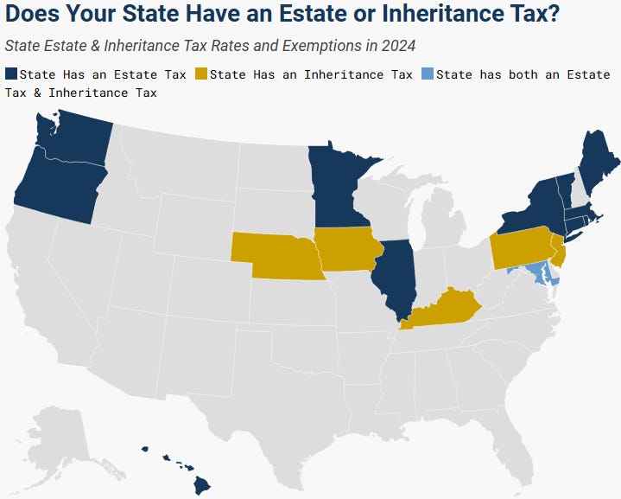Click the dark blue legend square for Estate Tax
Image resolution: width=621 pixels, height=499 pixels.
[10, 74]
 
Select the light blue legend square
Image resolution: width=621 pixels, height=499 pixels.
[427, 74]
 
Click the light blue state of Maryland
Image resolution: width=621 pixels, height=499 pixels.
[535, 273]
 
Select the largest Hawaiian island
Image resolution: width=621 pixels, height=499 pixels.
[201, 484]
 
